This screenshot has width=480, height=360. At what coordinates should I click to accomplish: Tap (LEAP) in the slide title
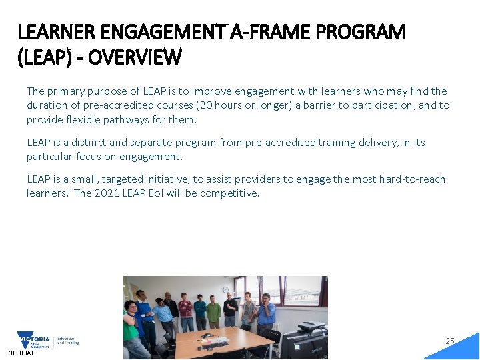coord(44,58)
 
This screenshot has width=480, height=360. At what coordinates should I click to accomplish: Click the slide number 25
coord(450,341)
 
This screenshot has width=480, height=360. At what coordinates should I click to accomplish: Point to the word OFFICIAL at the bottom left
coord(21,353)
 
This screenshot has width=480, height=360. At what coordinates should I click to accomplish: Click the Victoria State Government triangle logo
coord(33,340)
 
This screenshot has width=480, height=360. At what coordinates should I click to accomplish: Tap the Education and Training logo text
coord(68,340)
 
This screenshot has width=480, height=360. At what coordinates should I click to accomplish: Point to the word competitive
coord(231,193)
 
